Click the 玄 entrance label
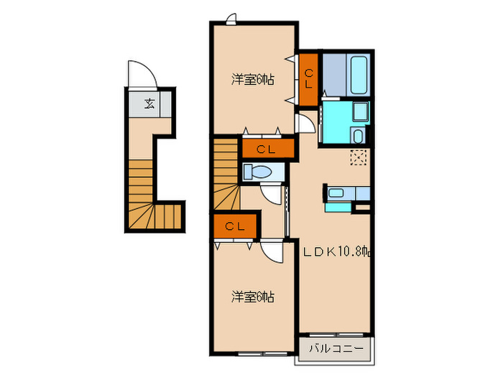click(x=149, y=103)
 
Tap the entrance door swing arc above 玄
click(x=139, y=73)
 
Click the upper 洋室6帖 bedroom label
click(x=252, y=80)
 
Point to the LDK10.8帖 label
click(x=335, y=252)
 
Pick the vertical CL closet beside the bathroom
click(x=309, y=79)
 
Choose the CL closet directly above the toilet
click(x=267, y=149)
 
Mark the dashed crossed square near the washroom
click(x=359, y=157)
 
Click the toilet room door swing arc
click(x=272, y=195)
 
